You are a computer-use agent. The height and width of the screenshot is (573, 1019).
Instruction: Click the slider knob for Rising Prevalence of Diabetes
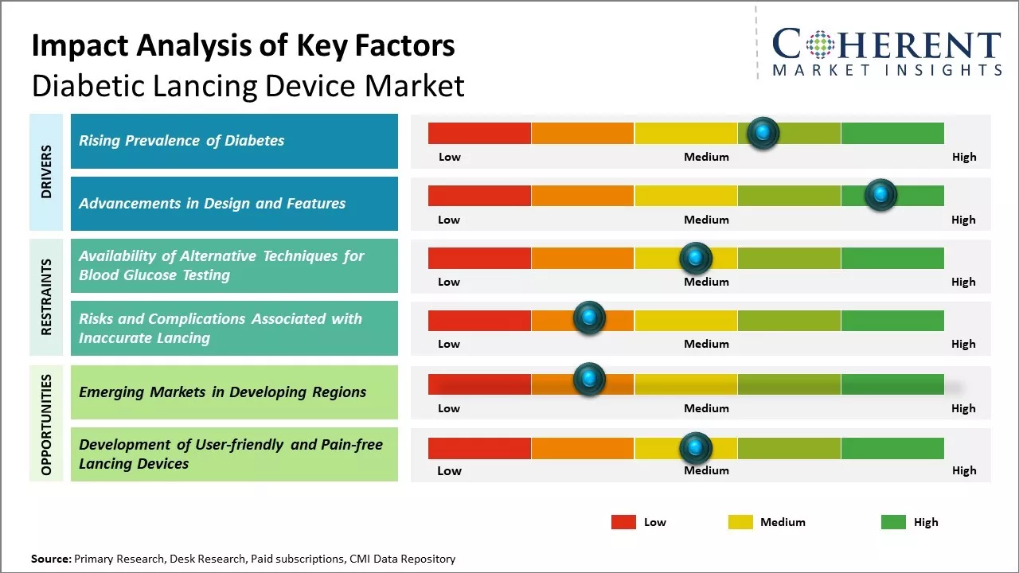click(763, 133)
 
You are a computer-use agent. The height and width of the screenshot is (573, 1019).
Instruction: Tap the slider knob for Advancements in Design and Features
click(880, 195)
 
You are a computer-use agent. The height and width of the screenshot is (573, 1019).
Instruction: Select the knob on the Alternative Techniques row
click(695, 258)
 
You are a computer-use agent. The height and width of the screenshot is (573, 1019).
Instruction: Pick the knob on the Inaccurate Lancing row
click(589, 318)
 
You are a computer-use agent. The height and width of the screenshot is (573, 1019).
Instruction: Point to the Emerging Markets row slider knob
click(589, 380)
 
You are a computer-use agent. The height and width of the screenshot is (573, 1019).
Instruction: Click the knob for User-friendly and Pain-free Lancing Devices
click(695, 449)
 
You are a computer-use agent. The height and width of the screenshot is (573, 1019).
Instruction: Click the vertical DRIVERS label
click(46, 172)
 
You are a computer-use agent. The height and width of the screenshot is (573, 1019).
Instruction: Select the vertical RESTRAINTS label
click(46, 297)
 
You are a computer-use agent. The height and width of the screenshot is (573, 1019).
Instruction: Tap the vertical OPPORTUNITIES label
click(46, 424)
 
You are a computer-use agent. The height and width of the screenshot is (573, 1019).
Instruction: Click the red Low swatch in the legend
click(623, 522)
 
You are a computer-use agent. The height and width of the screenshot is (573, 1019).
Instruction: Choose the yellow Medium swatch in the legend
click(740, 522)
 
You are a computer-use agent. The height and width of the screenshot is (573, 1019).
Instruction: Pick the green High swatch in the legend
click(893, 522)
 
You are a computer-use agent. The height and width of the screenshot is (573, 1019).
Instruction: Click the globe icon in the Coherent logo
click(821, 44)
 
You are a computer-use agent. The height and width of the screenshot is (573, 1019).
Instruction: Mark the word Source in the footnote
click(50, 559)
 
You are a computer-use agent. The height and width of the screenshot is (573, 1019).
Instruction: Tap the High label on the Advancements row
click(963, 220)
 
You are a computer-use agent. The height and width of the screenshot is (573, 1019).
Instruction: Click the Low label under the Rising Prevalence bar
click(450, 157)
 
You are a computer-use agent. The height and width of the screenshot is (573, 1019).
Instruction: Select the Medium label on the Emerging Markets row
click(706, 408)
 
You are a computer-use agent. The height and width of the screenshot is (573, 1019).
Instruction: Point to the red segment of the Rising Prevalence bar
click(479, 133)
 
